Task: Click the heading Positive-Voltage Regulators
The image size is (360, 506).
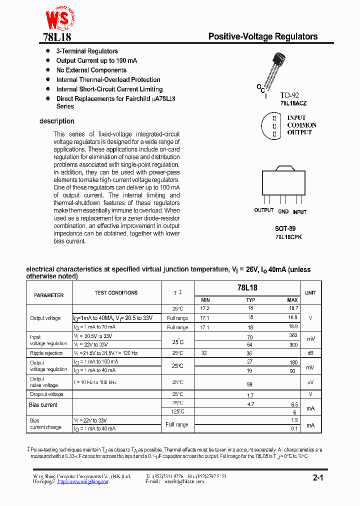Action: click(262, 36)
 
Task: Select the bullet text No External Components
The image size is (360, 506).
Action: click(91, 70)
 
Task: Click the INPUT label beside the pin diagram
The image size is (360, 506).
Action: click(296, 117)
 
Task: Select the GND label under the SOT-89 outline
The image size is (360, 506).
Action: click(283, 211)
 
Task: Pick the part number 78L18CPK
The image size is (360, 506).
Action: click(288, 236)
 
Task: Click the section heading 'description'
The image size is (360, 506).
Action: click(57, 121)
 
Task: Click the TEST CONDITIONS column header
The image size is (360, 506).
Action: click(116, 293)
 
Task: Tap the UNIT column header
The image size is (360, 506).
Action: click(310, 293)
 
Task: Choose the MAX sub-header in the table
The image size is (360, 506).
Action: click(292, 300)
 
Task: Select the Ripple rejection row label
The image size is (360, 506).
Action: click(46, 353)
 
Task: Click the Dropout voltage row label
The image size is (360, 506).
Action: click(46, 394)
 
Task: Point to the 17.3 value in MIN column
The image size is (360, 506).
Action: click(205, 309)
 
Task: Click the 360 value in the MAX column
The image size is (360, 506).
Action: click(293, 336)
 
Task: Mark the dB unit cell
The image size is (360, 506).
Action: click(310, 353)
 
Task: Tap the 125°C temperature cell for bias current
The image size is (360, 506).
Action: click(177, 411)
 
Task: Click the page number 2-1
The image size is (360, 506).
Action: click(318, 478)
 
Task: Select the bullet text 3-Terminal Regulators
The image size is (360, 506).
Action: click(87, 51)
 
